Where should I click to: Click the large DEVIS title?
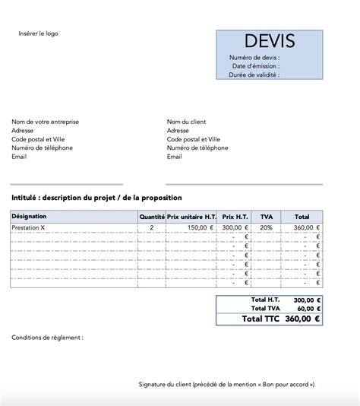pyautogui.click(x=270, y=42)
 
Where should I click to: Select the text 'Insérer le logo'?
pyautogui.click(x=39, y=33)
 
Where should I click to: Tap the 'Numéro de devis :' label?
pyautogui.click(x=254, y=57)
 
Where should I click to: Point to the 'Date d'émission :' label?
pyautogui.click(x=256, y=66)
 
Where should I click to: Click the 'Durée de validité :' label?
pyautogui.click(x=254, y=75)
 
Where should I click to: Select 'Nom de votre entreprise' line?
pyautogui.click(x=46, y=122)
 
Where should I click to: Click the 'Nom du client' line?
pyautogui.click(x=186, y=122)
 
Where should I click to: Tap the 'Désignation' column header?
pyautogui.click(x=30, y=217)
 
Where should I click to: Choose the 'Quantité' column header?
pyautogui.click(x=152, y=217)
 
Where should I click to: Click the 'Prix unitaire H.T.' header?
pyautogui.click(x=191, y=217)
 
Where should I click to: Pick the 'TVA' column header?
pyautogui.click(x=266, y=217)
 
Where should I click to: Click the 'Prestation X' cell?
pyautogui.click(x=29, y=227)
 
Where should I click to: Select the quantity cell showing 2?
pyautogui.click(x=152, y=227)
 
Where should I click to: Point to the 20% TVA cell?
pyautogui.click(x=266, y=227)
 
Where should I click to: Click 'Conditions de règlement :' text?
pyautogui.click(x=47, y=337)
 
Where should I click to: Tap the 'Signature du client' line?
pyautogui.click(x=226, y=385)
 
